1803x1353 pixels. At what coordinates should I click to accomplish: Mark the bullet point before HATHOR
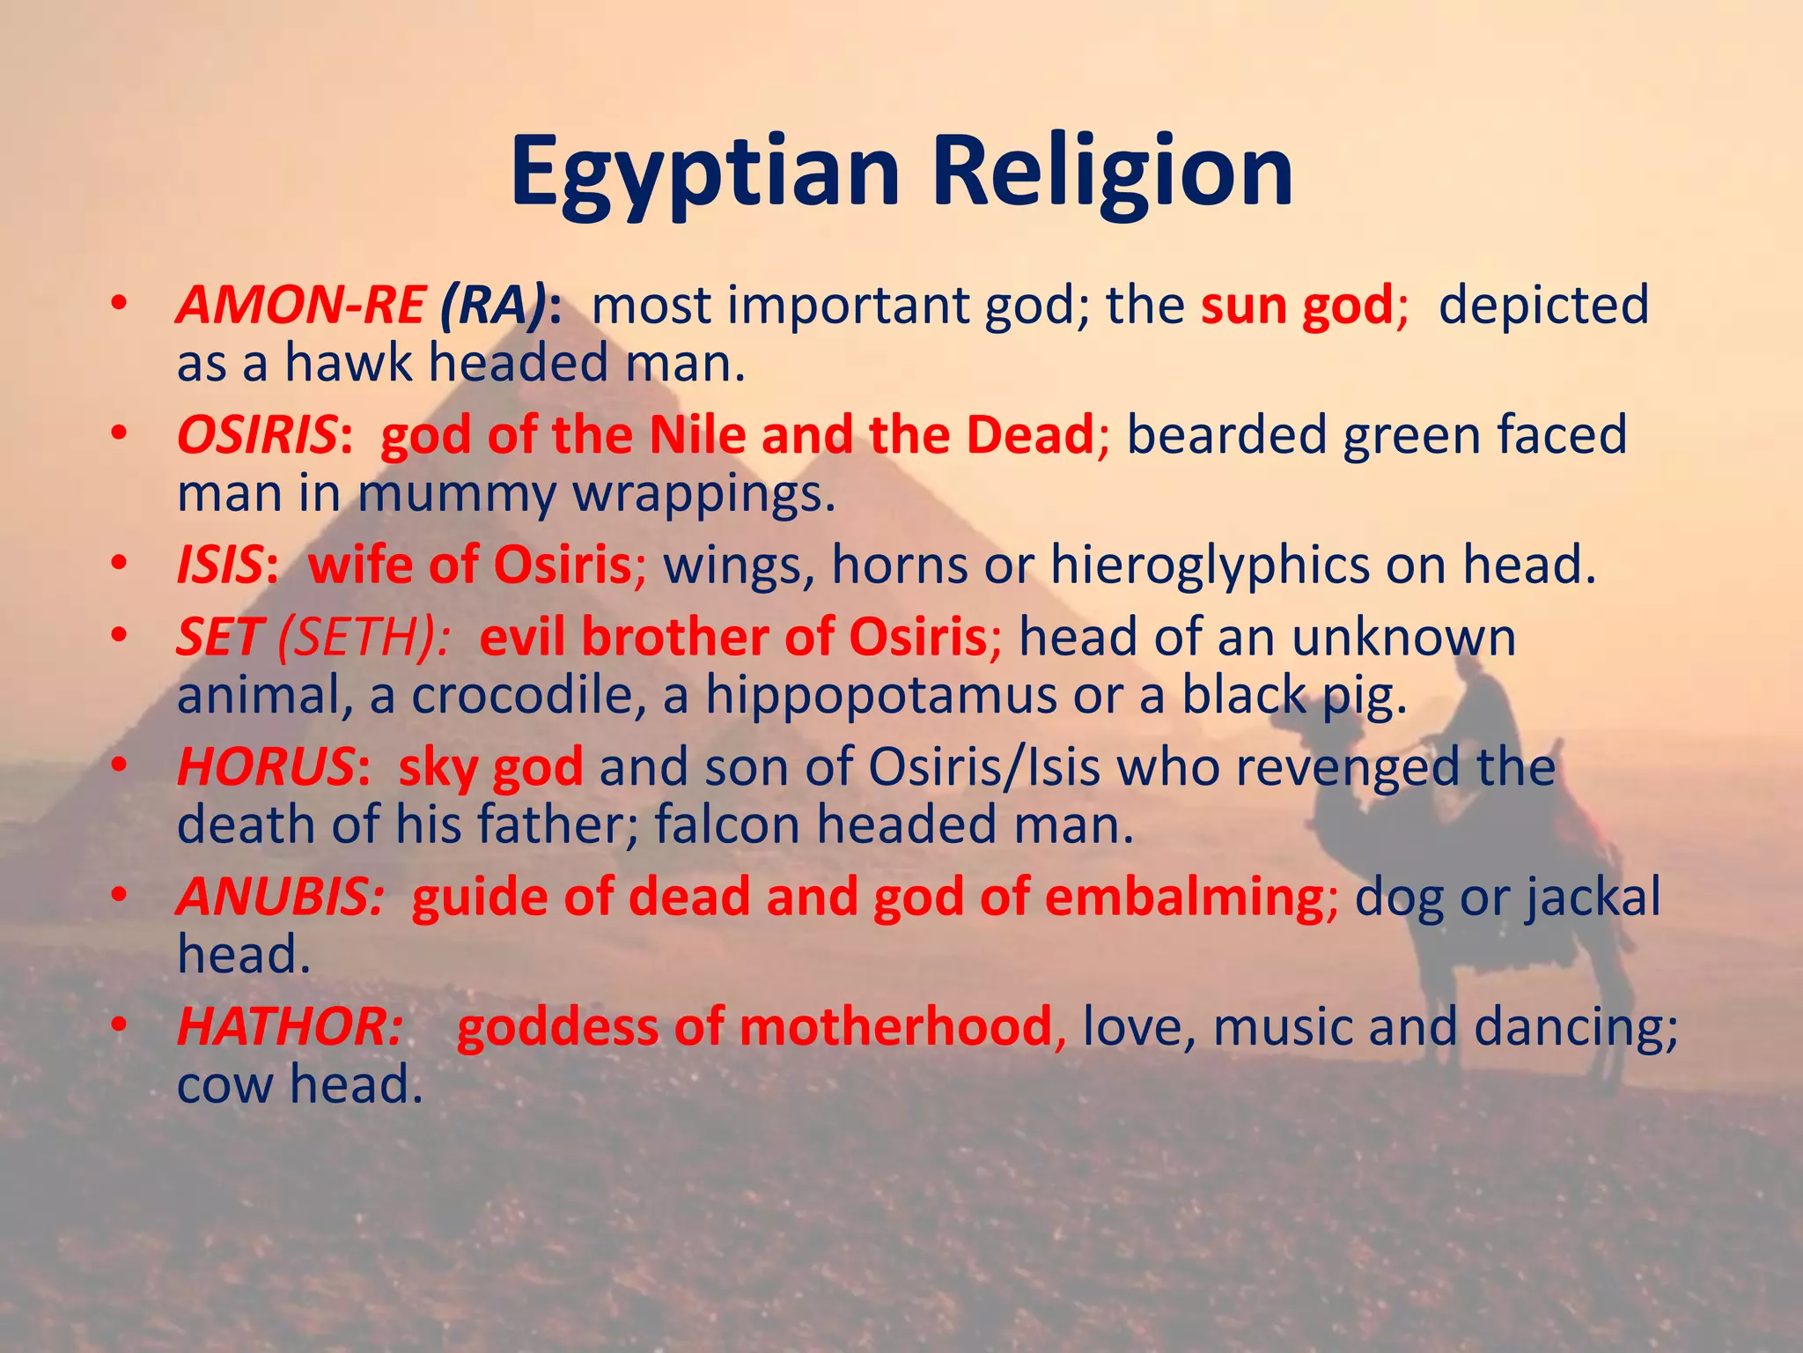121,1027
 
